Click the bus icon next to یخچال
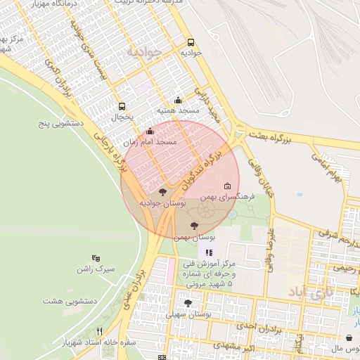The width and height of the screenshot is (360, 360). point(122,107)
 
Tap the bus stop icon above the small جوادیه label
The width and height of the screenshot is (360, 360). point(191,41)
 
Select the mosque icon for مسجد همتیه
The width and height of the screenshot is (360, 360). point(178,100)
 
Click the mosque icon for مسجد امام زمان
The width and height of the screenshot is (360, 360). point(149,131)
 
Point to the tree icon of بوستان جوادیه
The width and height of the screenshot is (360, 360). point(162,191)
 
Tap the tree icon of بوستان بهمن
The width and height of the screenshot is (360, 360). point(195,226)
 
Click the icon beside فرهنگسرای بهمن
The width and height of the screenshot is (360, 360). point(227,186)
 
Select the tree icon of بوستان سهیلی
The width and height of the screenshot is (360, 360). point(188,303)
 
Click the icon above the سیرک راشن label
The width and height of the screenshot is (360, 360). point(96,258)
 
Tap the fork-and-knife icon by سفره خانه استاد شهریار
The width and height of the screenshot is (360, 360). point(100,331)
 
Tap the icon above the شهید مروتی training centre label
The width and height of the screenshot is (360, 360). point(209,252)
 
